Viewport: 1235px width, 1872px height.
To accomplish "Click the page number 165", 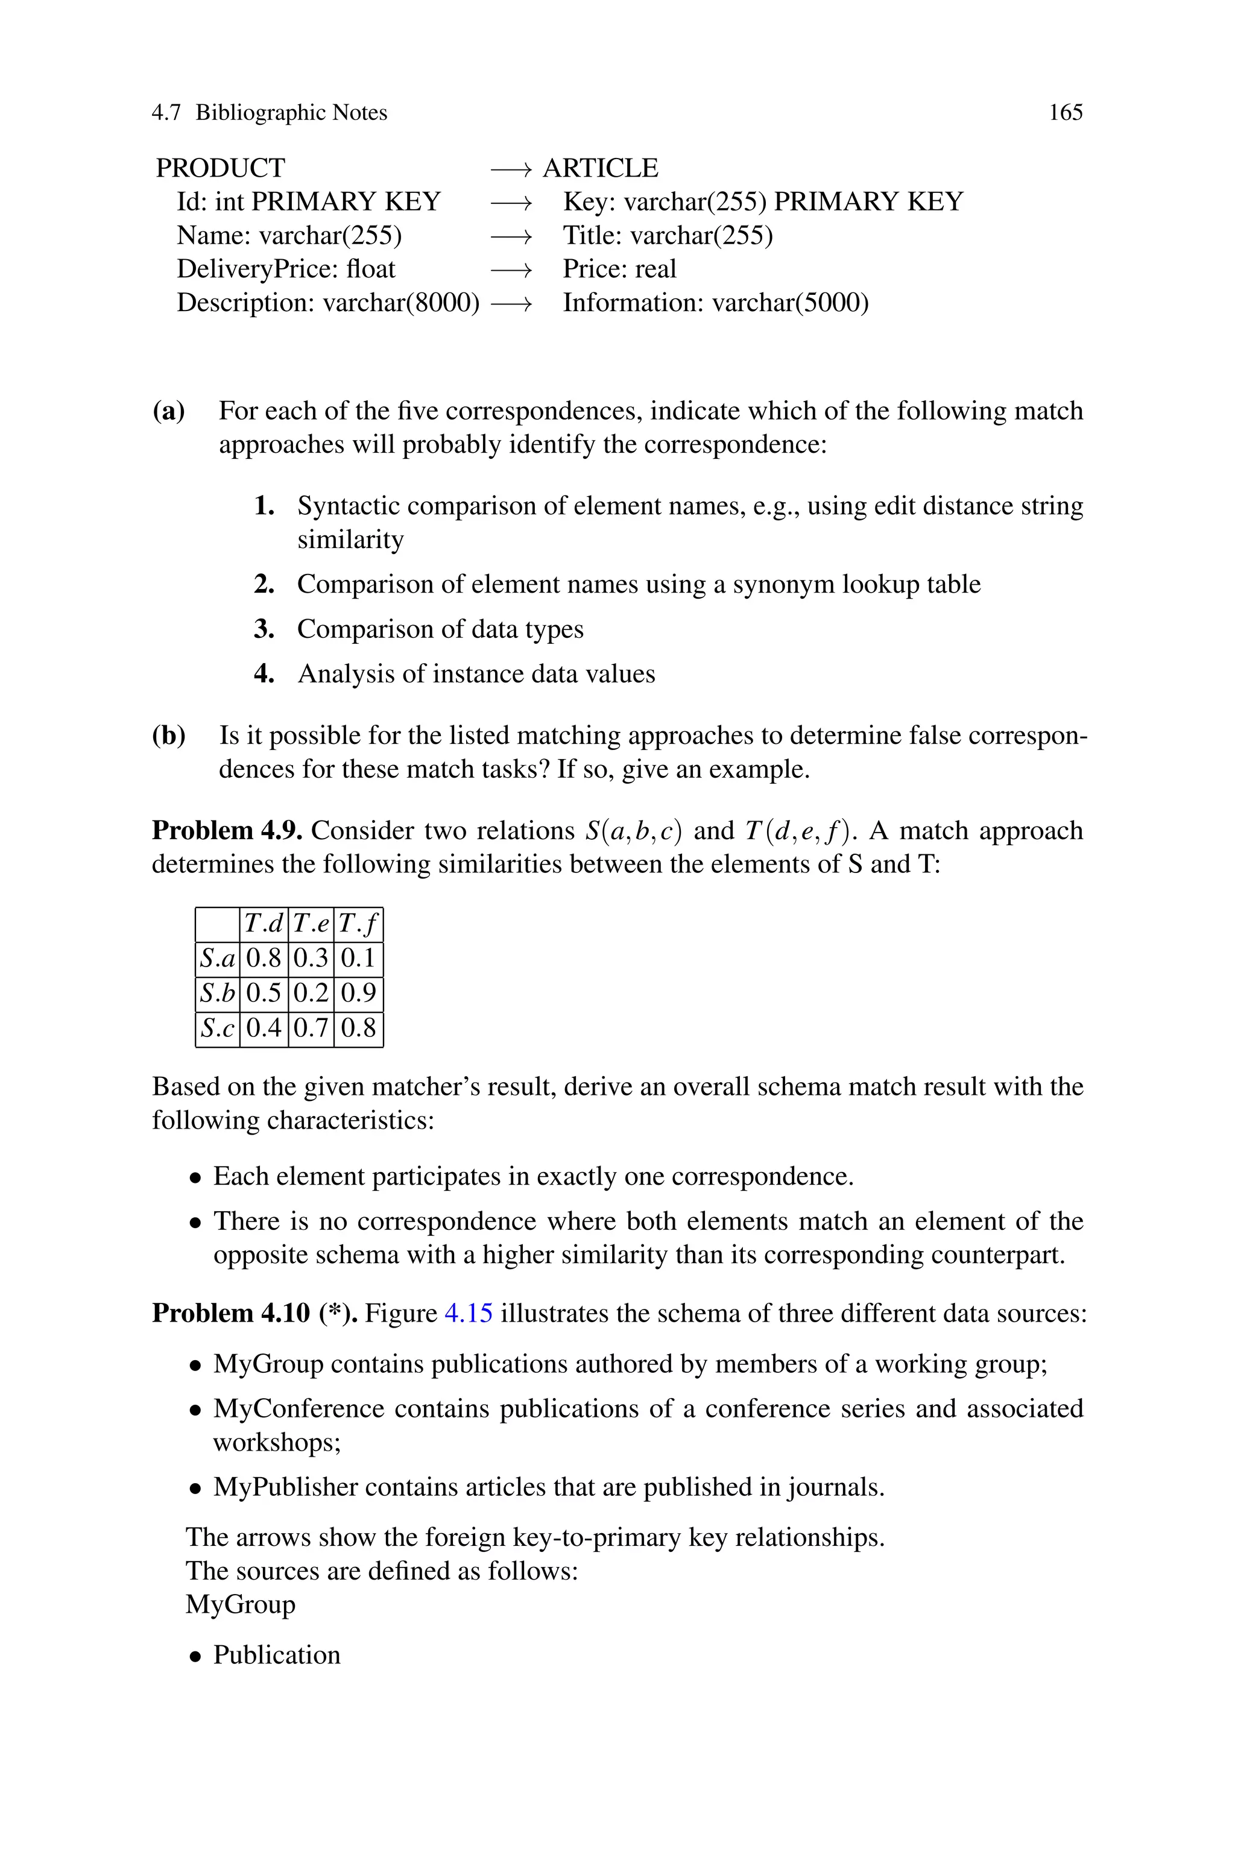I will pos(1066,113).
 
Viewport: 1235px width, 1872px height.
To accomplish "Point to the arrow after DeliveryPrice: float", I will pos(511,269).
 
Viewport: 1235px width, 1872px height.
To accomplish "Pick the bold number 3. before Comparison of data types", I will pos(264,629).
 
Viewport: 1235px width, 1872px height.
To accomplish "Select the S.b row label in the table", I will pos(217,993).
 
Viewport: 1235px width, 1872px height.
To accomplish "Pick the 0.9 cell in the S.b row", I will pos(358,993).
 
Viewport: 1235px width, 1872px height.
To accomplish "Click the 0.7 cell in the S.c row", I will pos(311,1027).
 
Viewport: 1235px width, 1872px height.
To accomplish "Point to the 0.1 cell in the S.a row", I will pos(358,958).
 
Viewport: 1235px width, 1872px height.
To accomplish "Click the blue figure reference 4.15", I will pos(469,1313).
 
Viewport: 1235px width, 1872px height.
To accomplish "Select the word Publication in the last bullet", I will pos(276,1655).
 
